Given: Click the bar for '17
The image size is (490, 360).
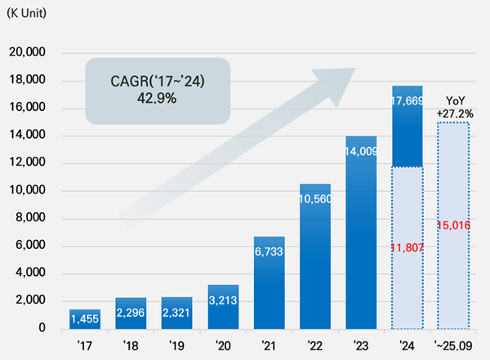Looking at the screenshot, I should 85,313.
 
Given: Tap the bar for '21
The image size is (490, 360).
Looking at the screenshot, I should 269,282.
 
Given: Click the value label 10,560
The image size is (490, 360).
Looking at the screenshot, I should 315,199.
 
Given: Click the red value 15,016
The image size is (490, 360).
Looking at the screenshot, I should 453,225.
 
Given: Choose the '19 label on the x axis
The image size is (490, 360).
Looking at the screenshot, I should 176,345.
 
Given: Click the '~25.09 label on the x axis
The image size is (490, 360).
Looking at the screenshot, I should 452,345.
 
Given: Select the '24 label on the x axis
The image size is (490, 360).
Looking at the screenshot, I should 407,345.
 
